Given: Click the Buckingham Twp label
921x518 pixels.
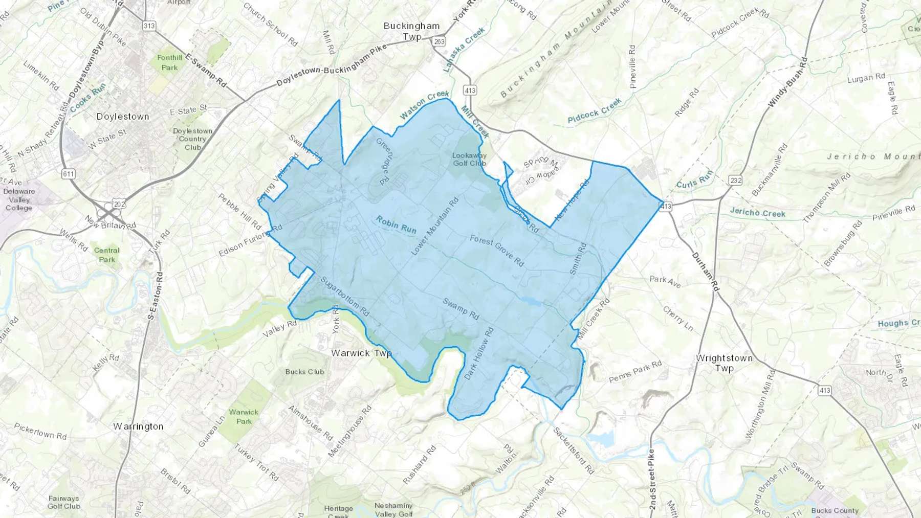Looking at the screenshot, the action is coord(412,31).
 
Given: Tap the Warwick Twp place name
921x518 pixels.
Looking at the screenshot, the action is coord(361,353).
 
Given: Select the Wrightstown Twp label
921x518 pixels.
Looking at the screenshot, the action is coord(724,363).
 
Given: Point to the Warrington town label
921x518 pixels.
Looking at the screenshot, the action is coord(138,426).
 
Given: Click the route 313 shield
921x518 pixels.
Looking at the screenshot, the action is coord(149,26).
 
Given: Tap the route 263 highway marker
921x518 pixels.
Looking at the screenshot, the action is coord(438,41).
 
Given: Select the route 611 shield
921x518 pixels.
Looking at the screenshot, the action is coord(68,174).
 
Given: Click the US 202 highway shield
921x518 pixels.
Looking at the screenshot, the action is coord(119,204).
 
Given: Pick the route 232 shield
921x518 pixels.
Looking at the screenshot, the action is coord(736,180).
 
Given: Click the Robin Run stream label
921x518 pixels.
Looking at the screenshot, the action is coord(396,225).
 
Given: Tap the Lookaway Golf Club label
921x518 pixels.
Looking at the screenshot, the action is coord(469,159).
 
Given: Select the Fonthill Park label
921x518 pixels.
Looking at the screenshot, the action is coord(169,62).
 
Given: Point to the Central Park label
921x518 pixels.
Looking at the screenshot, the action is coord(106,255).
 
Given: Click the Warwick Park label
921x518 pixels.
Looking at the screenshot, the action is coord(244,416).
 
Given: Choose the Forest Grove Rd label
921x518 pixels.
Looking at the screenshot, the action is coord(497,251).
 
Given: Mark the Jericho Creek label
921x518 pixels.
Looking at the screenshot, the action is coord(757,213).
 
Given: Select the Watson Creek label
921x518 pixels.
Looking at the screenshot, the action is coord(424,105).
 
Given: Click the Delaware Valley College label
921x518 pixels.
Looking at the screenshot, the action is coord(19,199).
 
